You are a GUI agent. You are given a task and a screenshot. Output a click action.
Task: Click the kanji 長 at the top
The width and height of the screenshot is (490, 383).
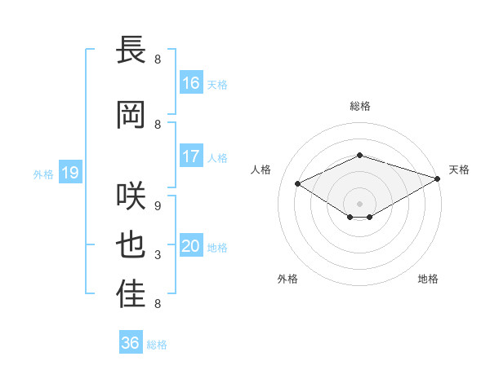[x=131, y=49]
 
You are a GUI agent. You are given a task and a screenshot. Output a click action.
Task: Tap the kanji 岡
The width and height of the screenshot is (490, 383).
[x=131, y=114]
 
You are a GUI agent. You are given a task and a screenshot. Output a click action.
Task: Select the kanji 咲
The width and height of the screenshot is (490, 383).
[x=131, y=196]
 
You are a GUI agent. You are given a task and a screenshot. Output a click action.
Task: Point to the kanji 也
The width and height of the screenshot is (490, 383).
[x=131, y=244]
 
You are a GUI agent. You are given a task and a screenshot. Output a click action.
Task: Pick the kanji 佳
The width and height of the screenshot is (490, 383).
[x=131, y=293]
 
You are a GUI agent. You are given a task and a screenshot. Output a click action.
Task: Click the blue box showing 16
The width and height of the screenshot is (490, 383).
[x=191, y=82]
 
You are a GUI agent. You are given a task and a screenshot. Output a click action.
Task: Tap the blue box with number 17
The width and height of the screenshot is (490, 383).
[x=191, y=156]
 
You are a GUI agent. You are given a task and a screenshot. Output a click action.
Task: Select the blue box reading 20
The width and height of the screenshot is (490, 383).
[x=191, y=244]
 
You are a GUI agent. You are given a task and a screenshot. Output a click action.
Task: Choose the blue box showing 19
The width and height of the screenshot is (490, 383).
[x=70, y=172]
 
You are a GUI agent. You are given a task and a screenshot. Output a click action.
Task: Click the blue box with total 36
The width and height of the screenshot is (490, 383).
[x=131, y=341]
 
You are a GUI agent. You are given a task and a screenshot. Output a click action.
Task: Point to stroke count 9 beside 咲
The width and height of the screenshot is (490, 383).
[x=158, y=206]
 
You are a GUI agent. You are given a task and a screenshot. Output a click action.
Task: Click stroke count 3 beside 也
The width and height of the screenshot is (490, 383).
[x=158, y=255]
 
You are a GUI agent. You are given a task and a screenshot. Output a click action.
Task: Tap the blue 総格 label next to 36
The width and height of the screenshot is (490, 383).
[x=157, y=345]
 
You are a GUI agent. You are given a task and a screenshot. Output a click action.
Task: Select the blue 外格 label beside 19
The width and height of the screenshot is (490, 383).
[x=43, y=174]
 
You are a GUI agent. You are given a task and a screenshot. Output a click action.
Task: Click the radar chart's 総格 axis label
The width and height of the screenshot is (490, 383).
[x=360, y=106]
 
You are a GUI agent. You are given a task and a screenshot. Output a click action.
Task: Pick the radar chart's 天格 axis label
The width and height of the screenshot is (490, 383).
[x=459, y=169]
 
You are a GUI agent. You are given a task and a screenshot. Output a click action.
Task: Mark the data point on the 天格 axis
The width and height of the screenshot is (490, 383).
[x=438, y=178]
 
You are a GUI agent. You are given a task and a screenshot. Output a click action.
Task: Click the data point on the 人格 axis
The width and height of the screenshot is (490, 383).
[x=298, y=183]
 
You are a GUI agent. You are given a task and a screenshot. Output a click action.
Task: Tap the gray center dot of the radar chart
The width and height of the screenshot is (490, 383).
[x=359, y=204]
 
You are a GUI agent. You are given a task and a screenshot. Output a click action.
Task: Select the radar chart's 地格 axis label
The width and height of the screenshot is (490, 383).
[x=428, y=279]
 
